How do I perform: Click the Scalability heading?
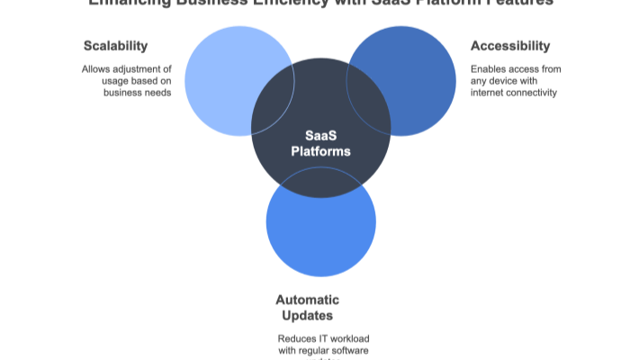pos(115,46)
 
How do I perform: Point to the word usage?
pos(116,80)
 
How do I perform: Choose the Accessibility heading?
pos(510,46)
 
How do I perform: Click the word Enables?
pos(487,68)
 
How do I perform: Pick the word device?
pos(500,80)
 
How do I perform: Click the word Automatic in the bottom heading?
pos(307,300)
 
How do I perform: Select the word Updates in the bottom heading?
pos(307,316)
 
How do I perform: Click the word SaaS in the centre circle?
pos(320,134)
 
